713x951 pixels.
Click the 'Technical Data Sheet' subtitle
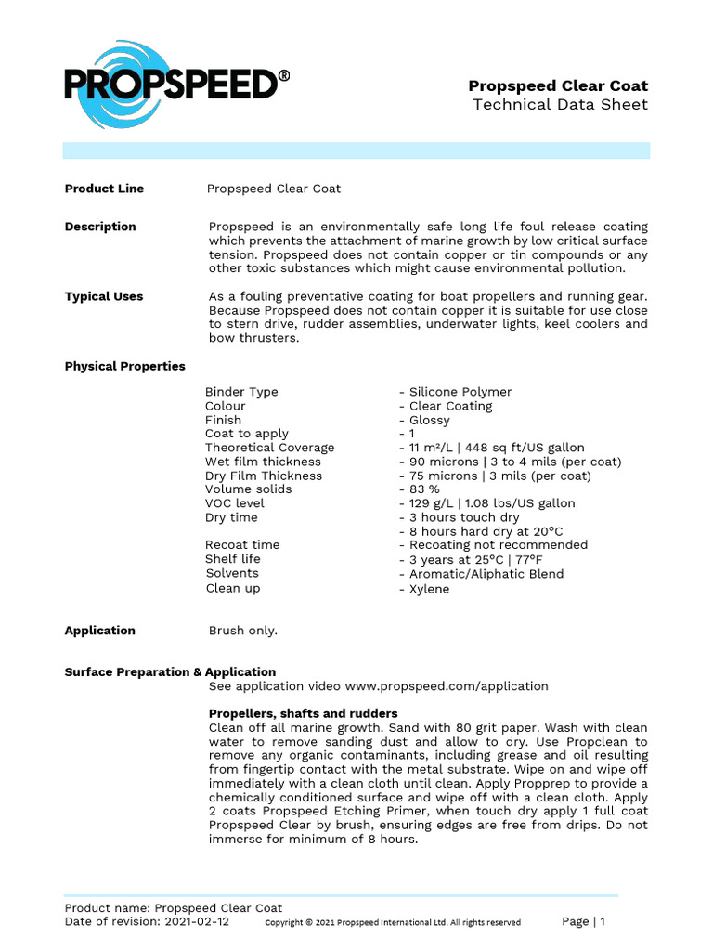click(x=560, y=104)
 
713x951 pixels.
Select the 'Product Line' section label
click(x=104, y=189)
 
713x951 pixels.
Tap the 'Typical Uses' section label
click(x=104, y=296)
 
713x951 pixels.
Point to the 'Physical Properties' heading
click(x=124, y=366)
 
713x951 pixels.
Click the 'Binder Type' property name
click(x=241, y=392)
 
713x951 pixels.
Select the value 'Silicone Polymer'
click(x=460, y=392)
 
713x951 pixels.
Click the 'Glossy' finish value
click(x=429, y=420)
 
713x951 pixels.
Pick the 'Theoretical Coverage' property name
click(x=269, y=448)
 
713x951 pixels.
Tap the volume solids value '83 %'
click(x=424, y=489)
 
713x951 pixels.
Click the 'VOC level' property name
click(x=235, y=503)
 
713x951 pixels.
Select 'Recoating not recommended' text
click(x=498, y=545)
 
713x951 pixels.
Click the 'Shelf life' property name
click(x=233, y=559)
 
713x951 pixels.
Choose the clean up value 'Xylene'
click(x=429, y=589)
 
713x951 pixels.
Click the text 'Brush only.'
click(x=243, y=631)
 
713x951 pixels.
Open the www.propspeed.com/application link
click(x=447, y=686)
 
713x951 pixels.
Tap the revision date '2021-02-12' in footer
click(x=197, y=922)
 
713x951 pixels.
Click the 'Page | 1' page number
click(x=584, y=921)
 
